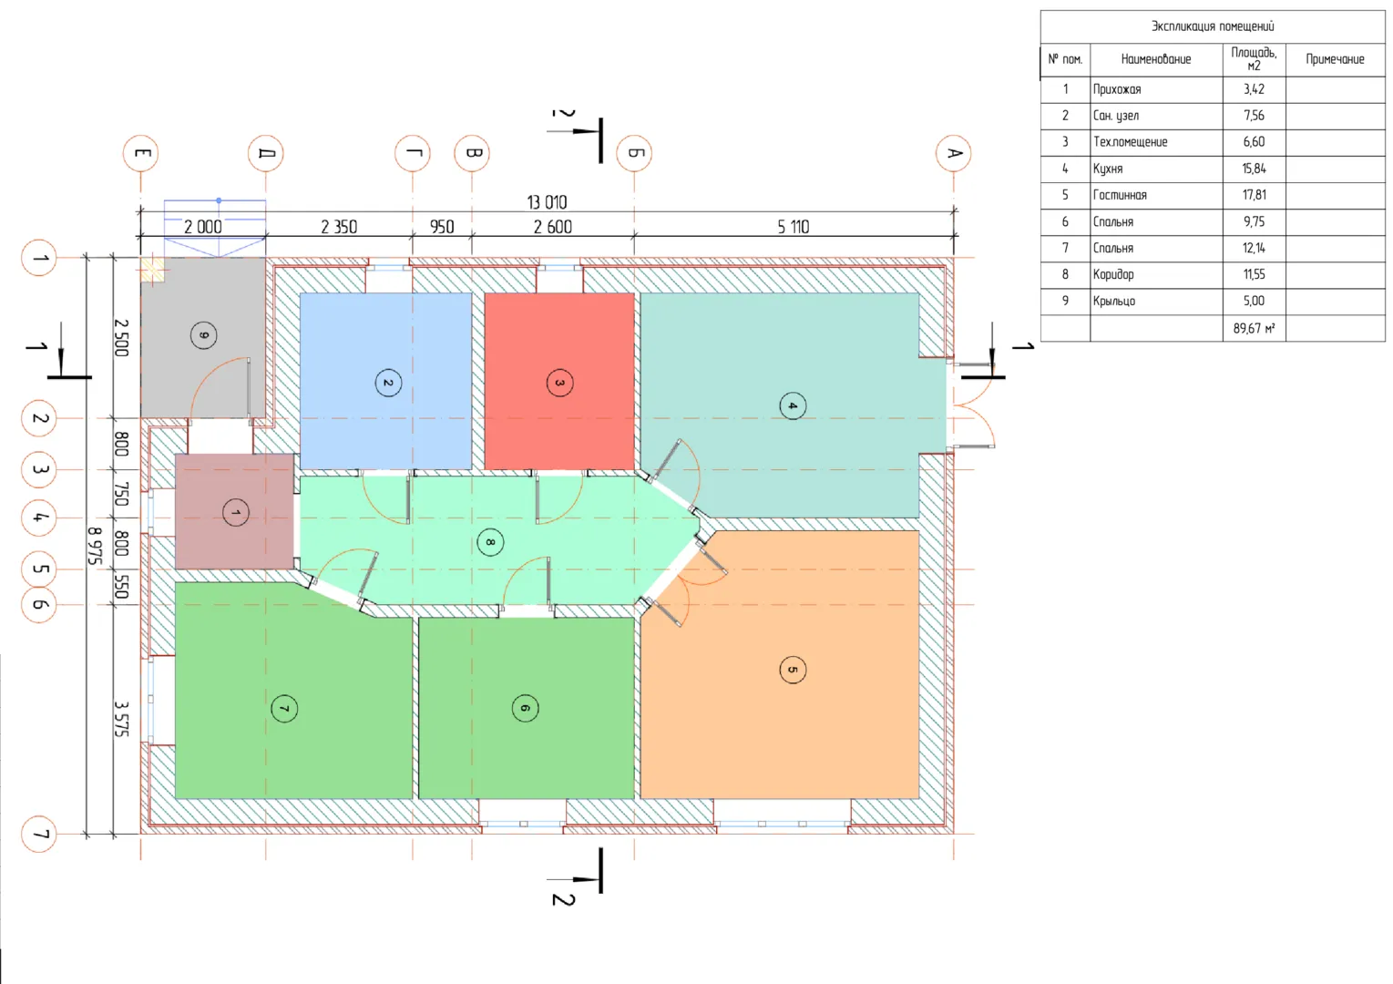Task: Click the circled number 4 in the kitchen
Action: [793, 406]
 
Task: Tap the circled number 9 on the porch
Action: [203, 336]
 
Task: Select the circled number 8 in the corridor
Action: [490, 542]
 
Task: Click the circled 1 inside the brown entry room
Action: [236, 513]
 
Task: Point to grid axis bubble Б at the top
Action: [634, 153]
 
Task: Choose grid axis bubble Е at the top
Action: [140, 153]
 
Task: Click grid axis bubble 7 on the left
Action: [38, 834]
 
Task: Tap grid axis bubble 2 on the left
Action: [38, 418]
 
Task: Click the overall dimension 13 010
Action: [547, 202]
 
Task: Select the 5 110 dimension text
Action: [793, 227]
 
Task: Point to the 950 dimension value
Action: [442, 227]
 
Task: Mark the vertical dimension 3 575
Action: [122, 719]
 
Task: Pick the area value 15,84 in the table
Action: [1254, 169]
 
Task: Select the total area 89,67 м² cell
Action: [1254, 328]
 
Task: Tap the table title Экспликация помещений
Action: [1213, 26]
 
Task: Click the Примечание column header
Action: [1335, 60]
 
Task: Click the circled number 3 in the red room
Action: [559, 384]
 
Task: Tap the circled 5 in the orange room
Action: [793, 670]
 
